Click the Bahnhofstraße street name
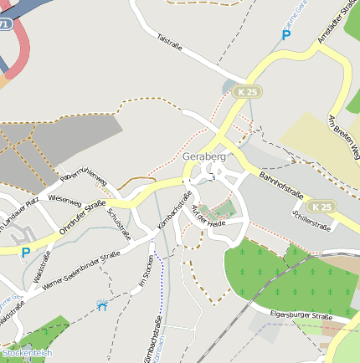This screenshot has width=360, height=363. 280,185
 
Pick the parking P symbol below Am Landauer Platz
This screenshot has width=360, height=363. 25,252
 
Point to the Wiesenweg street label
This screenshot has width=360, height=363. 64,201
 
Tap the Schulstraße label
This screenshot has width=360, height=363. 120,223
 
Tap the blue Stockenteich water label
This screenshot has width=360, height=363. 27,353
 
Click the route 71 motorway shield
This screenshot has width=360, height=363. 6,25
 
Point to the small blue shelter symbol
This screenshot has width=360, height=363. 102,306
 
